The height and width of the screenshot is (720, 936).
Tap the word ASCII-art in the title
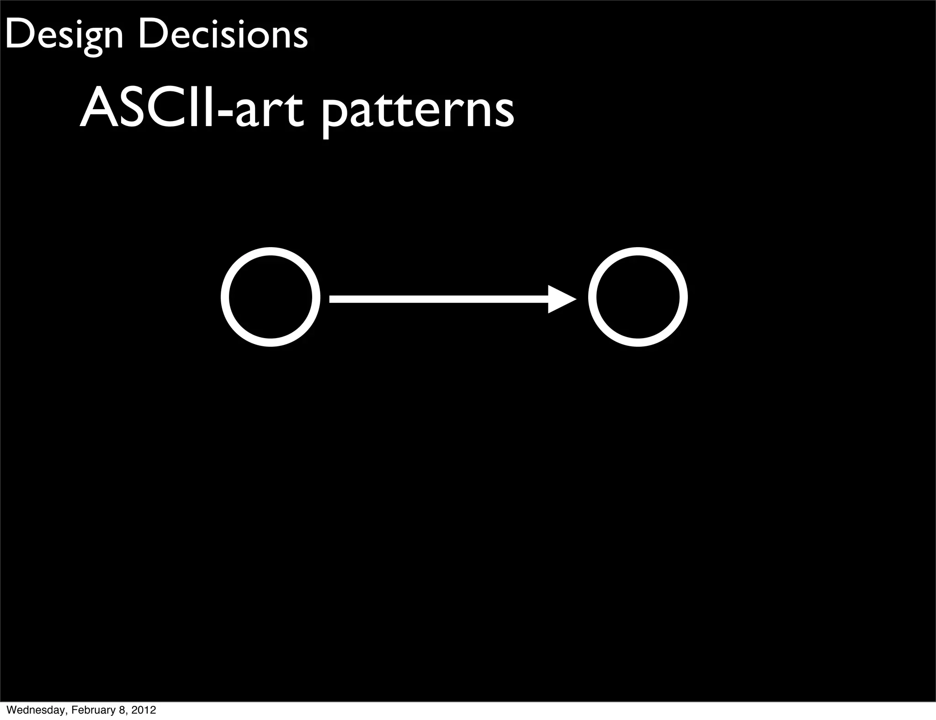click(x=191, y=110)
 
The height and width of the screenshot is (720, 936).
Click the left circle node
click(x=271, y=297)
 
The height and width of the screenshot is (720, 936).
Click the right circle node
click(x=638, y=297)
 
